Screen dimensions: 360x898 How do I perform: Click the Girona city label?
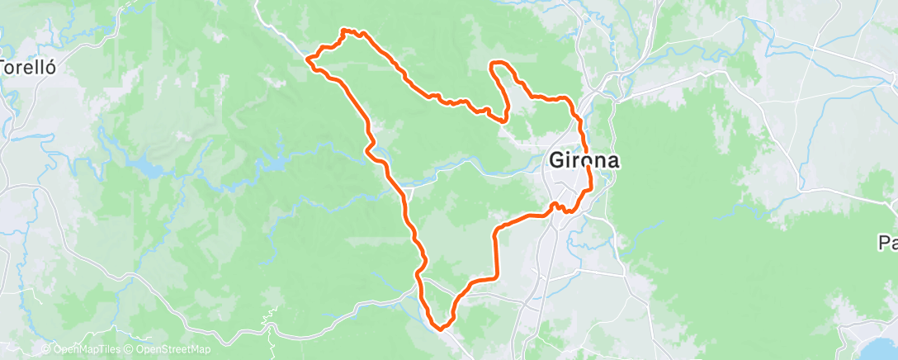point(584,161)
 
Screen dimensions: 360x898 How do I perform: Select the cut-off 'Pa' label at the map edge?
point(888,243)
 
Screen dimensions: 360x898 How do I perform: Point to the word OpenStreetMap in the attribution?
point(173,349)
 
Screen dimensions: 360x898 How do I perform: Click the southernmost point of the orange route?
point(444,329)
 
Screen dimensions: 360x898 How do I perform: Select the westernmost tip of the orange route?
point(308,59)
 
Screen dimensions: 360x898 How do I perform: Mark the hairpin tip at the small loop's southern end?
point(503,121)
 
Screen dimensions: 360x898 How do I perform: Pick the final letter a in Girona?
point(612,162)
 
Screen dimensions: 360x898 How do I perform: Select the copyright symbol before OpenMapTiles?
point(46,349)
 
